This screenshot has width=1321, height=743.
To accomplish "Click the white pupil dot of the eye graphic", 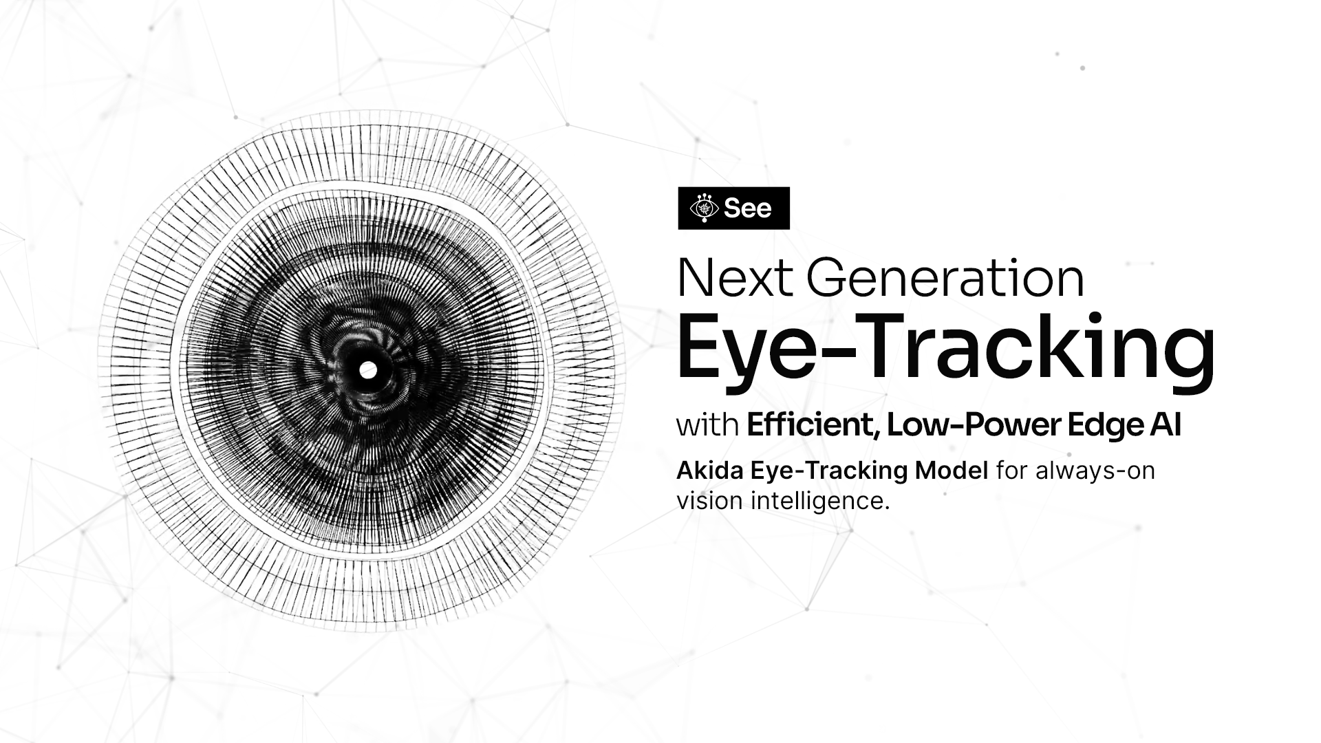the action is (x=368, y=370).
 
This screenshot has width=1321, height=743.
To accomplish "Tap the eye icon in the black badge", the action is (x=704, y=208).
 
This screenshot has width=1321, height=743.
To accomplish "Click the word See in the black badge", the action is (x=748, y=208).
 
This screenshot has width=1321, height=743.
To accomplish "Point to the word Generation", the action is (x=945, y=278).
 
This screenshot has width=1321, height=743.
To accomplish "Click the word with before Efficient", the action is (x=708, y=425).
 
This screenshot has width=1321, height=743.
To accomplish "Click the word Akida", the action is (x=711, y=471).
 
